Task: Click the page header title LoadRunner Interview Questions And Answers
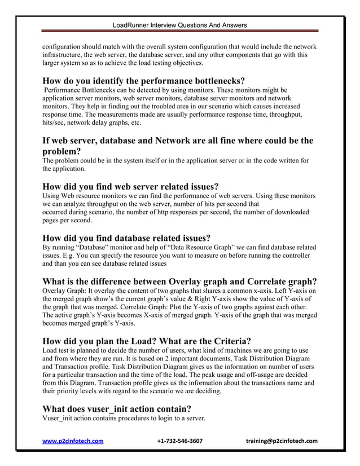pos(179,25)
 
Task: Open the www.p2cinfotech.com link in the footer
pos(73,441)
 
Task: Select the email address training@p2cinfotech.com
pos(282,441)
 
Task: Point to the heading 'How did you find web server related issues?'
pos(130,187)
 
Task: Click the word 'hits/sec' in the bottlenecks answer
pos(55,122)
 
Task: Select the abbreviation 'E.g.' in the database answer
pos(69,256)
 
